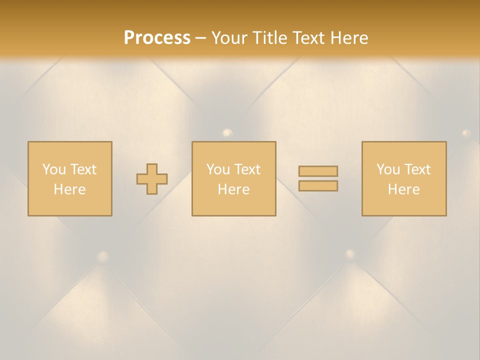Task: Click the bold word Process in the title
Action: click(x=157, y=38)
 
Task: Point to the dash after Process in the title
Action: click(x=201, y=38)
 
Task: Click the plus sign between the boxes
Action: click(x=152, y=179)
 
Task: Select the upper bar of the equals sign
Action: click(x=318, y=171)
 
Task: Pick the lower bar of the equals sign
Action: click(x=318, y=186)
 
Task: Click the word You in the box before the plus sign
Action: click(x=54, y=169)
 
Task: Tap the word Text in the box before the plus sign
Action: click(x=83, y=169)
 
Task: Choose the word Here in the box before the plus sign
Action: click(x=69, y=189)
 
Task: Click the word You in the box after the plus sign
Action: click(x=218, y=169)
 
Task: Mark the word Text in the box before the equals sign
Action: click(x=247, y=169)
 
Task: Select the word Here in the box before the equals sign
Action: click(x=233, y=189)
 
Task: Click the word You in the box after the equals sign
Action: click(x=388, y=169)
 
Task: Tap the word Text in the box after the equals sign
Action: click(x=417, y=169)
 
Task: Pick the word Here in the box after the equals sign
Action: click(x=403, y=189)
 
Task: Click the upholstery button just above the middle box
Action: click(x=227, y=133)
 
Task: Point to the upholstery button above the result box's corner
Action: click(x=466, y=133)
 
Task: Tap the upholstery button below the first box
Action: click(x=103, y=257)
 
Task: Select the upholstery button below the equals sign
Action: click(x=350, y=253)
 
